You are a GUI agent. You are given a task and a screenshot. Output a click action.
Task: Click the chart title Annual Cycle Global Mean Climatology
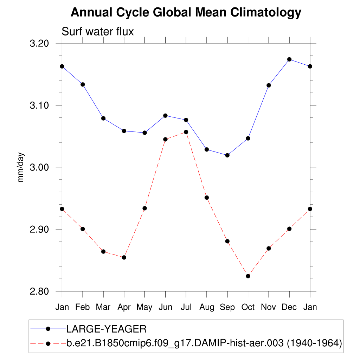point(186,13)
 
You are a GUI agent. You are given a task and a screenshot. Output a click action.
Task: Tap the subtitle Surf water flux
point(98,32)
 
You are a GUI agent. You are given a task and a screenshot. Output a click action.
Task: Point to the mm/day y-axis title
point(21,167)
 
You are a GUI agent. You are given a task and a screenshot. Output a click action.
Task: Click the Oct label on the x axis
point(248,307)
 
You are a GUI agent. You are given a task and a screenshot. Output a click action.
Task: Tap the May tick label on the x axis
point(144,307)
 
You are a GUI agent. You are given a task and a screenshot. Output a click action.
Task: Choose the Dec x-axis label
point(289,307)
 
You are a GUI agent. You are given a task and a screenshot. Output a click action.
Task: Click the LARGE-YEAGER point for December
point(289,59)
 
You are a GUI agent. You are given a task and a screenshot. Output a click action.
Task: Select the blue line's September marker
point(227,155)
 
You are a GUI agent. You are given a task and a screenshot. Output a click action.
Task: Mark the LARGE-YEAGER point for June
point(165,116)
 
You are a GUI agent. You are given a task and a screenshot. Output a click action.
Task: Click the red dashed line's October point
point(248,276)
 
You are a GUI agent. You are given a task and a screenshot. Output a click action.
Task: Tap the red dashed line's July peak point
point(186,132)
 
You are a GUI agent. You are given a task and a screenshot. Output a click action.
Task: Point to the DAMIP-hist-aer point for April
point(124,257)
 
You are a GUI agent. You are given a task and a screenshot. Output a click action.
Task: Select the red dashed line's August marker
point(207,198)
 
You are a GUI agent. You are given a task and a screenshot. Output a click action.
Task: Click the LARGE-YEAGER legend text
point(106,329)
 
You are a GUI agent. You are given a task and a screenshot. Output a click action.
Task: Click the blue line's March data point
point(103,118)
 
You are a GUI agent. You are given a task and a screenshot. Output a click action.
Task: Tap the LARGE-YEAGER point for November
point(269,85)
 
